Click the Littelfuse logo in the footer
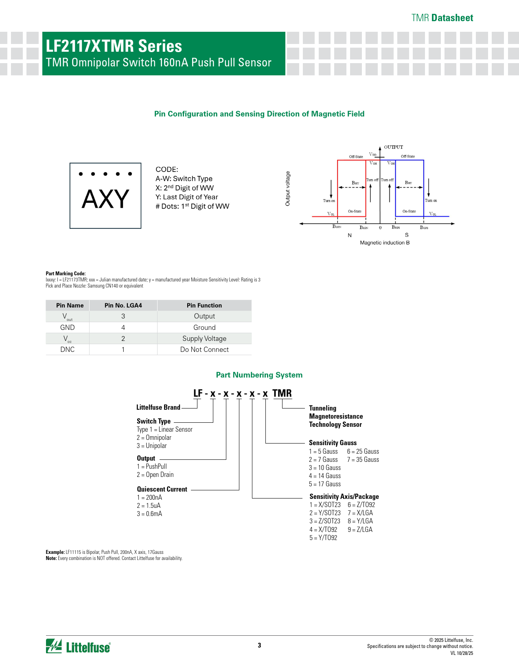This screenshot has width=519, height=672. (x=78, y=646)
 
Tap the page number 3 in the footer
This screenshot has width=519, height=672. (x=259, y=645)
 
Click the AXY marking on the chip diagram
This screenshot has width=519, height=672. (x=105, y=200)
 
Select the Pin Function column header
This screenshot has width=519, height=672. (x=204, y=305)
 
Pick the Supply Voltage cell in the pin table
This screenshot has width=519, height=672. (x=204, y=338)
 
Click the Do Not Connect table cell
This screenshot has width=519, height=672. (x=204, y=349)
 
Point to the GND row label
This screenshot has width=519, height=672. (x=68, y=327)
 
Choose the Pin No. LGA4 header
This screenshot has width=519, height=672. (x=123, y=305)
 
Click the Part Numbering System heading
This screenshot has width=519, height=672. (x=259, y=375)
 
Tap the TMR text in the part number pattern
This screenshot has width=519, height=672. (x=282, y=393)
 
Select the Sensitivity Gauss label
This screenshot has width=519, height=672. (x=333, y=443)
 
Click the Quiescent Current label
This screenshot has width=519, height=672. (x=162, y=489)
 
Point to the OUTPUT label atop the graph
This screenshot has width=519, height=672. (x=393, y=147)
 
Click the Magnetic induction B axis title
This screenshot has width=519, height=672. (x=385, y=243)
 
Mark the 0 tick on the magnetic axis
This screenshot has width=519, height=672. (x=380, y=228)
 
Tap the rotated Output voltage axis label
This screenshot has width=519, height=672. (x=288, y=189)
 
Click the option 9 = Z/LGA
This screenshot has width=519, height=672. (x=360, y=529)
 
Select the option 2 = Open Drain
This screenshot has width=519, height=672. (x=155, y=474)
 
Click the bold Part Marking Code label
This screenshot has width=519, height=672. (x=66, y=274)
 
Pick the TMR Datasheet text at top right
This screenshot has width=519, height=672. (x=442, y=18)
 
